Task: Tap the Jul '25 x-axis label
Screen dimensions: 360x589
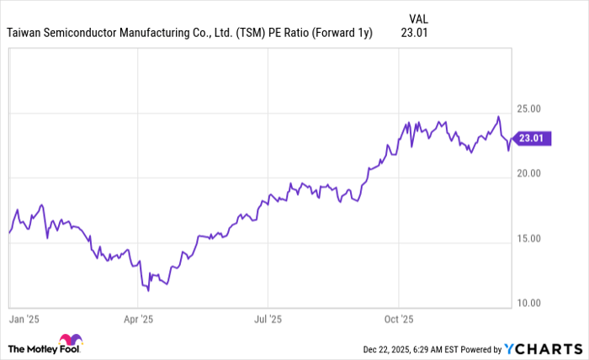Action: pos(267,320)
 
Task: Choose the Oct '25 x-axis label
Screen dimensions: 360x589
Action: pos(398,320)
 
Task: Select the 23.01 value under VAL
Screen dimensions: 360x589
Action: pos(417,34)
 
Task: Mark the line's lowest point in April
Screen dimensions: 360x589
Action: pos(148,291)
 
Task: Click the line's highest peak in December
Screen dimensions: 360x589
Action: pos(498,116)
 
